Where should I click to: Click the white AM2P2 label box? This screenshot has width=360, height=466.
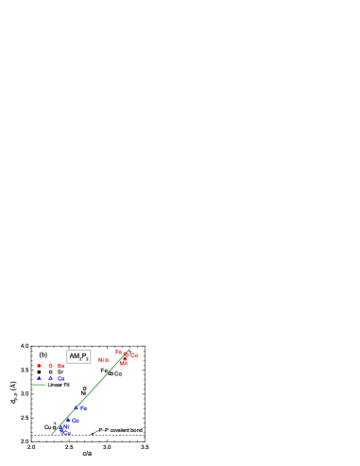tap(78, 356)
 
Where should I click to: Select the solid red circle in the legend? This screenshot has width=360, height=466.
tap(39, 366)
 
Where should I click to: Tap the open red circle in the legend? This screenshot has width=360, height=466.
tap(51, 366)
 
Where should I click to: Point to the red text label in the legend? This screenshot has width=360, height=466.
tap(61, 366)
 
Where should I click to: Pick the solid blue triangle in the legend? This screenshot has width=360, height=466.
tap(39, 378)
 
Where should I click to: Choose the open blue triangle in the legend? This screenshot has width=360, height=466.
tap(51, 378)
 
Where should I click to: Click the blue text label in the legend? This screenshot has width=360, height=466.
tap(61, 379)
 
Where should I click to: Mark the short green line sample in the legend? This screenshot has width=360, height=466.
tap(40, 385)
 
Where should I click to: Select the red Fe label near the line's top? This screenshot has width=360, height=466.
tap(119, 352)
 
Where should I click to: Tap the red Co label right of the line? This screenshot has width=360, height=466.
tap(134, 355)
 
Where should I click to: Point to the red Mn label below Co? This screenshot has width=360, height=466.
tap(123, 364)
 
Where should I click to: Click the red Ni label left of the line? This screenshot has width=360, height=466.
tap(100, 359)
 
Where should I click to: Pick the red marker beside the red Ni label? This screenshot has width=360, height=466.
tap(107, 360)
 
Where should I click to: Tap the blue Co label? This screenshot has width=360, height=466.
tap(75, 421)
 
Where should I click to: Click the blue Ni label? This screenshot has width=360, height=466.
tap(66, 426)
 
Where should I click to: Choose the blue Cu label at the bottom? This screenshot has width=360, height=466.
tap(67, 433)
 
